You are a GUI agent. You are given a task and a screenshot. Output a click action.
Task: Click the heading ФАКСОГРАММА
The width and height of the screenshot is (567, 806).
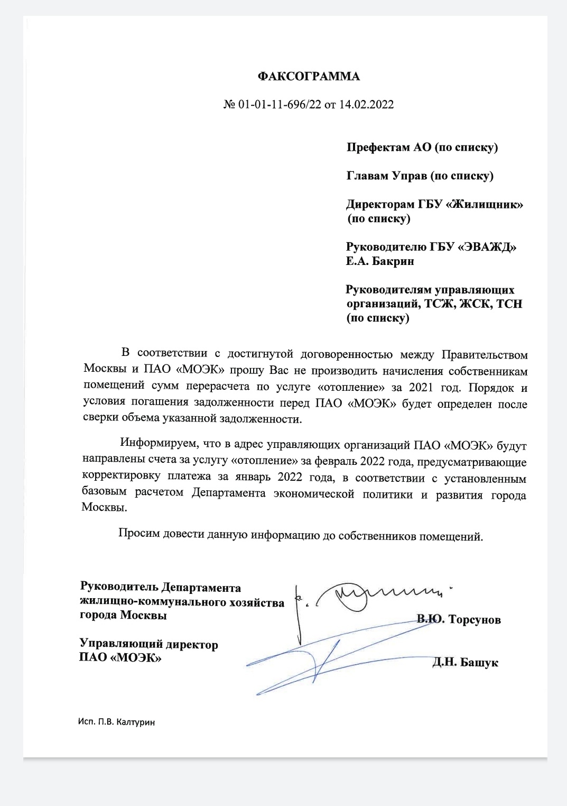point(309,77)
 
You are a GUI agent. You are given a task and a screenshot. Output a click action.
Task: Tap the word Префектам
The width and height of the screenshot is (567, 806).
point(378,148)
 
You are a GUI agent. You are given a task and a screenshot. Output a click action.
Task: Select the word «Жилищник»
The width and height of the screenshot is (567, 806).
point(485,204)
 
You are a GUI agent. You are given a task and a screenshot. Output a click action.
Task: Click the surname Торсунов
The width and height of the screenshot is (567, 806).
point(474,619)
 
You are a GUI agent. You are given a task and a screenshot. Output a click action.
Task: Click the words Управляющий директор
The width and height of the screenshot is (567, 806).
point(148,645)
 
